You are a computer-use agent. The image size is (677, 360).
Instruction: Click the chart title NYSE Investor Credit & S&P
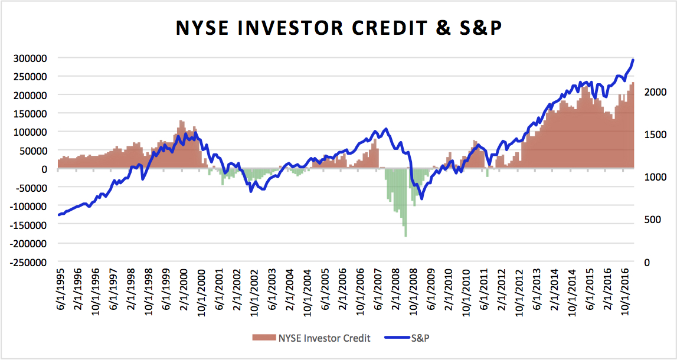pyautogui.click(x=338, y=28)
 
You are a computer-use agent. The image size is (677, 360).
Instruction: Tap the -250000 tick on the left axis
pyautogui.click(x=28, y=262)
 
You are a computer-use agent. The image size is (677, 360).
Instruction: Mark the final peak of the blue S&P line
pyautogui.click(x=633, y=60)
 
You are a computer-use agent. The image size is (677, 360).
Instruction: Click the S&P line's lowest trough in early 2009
pyautogui.click(x=421, y=198)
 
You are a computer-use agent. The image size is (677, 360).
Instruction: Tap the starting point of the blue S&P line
pyautogui.click(x=58, y=215)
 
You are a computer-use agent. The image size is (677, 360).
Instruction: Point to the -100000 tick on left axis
pyautogui.click(x=28, y=206)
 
